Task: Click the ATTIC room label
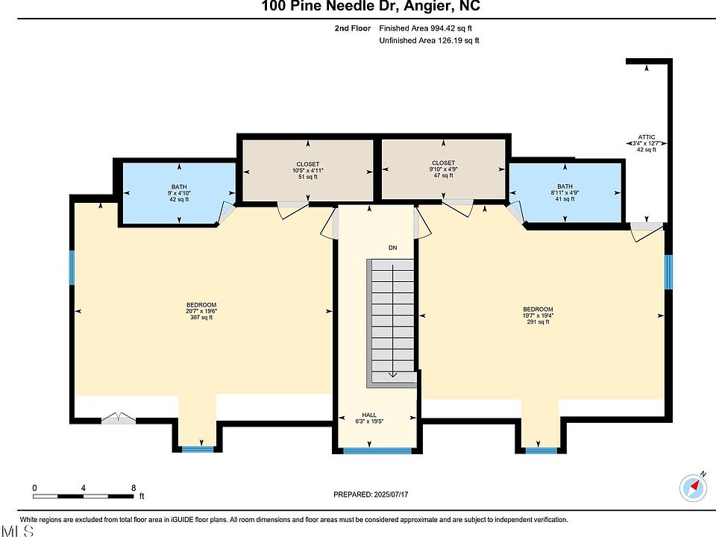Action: click(646, 137)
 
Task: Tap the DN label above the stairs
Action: click(393, 248)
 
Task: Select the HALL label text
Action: click(369, 415)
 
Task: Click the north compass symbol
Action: click(693, 487)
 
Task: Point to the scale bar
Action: click(83, 496)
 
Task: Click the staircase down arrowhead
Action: click(393, 375)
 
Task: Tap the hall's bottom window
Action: click(377, 451)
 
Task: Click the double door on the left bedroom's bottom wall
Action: click(119, 418)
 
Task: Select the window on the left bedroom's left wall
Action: click(72, 267)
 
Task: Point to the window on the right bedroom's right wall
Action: click(668, 272)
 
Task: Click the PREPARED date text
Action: click(371, 494)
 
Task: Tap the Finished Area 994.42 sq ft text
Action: click(426, 28)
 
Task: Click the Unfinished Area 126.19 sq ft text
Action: click(430, 40)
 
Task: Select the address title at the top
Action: click(371, 6)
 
